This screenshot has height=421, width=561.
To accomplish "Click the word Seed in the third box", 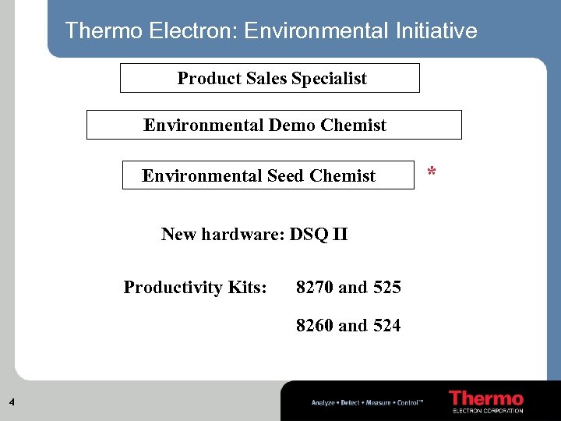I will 285,175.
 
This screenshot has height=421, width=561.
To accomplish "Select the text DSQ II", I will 318,234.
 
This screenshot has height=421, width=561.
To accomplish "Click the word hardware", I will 244,234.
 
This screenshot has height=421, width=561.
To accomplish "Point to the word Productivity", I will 173,288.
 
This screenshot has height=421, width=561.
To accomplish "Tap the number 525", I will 386,288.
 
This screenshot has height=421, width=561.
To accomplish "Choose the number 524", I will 386,325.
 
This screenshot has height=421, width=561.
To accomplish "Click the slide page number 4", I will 12,402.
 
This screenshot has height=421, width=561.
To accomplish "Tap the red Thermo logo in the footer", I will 486,398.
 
